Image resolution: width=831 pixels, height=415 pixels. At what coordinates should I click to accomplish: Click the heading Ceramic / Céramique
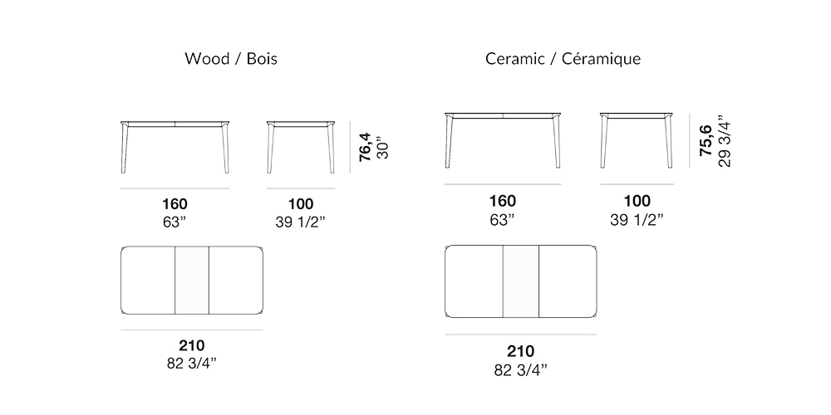563,59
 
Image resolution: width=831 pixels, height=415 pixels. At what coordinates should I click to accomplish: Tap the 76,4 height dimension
364,147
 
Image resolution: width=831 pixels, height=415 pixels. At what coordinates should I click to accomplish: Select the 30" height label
382,147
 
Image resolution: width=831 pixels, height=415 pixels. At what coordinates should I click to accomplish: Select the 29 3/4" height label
724,138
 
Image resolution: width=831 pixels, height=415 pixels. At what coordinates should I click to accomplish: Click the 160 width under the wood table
175,204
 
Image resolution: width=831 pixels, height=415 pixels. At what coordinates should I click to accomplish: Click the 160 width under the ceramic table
502,201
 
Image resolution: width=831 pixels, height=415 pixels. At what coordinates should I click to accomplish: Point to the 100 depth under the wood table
300,204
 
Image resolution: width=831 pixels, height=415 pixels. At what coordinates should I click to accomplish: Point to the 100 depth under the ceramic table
637,201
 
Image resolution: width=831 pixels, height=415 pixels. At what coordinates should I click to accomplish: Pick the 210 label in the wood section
191,345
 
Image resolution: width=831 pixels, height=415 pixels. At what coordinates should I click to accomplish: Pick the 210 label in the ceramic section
520,351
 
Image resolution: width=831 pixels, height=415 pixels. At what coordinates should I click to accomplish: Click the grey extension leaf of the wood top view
191,281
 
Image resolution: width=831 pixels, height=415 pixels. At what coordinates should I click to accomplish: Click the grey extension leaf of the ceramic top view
520,281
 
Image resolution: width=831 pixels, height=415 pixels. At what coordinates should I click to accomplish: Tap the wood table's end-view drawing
301,145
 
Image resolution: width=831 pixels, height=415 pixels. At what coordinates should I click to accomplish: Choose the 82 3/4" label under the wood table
191,364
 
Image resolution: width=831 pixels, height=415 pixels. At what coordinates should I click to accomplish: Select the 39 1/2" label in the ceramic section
637,220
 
